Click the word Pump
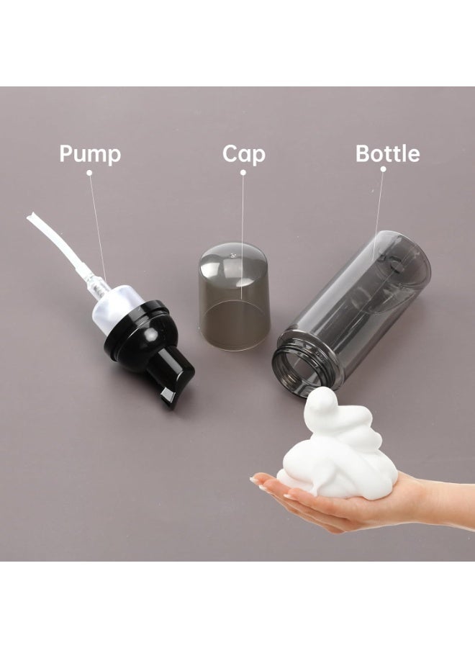click(90, 154)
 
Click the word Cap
click(244, 154)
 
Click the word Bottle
click(387, 153)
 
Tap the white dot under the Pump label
click(89, 173)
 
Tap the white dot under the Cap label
click(243, 173)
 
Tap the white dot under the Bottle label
click(384, 169)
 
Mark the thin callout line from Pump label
click(97, 228)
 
